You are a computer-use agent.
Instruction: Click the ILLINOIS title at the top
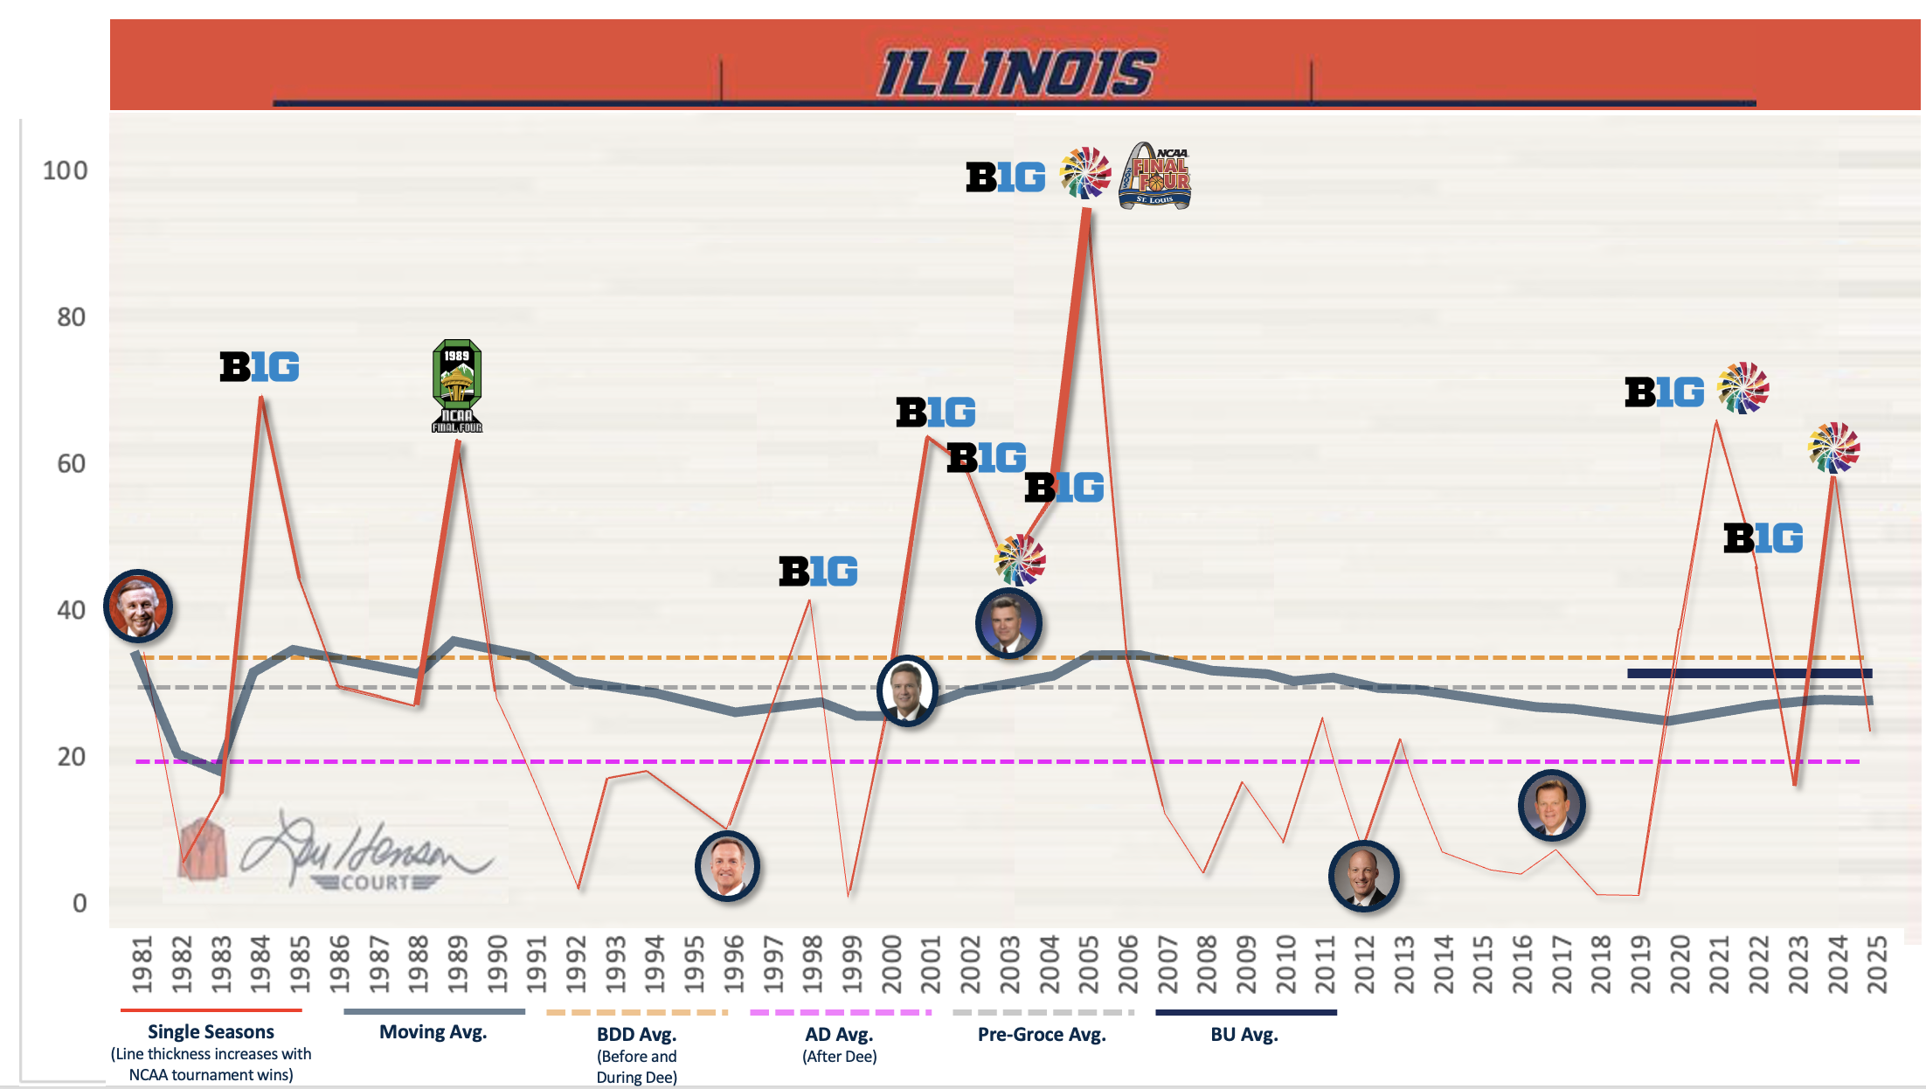[1016, 73]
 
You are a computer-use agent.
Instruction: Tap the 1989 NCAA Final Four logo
[457, 386]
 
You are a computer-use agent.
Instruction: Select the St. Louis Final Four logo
[1155, 176]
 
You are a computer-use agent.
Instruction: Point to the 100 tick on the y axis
[66, 170]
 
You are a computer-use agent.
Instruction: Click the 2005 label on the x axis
[1089, 964]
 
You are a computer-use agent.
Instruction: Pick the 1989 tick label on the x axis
[458, 964]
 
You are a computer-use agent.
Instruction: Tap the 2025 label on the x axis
[1877, 964]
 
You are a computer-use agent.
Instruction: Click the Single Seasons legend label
[211, 1032]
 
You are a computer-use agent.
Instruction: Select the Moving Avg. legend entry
[433, 1032]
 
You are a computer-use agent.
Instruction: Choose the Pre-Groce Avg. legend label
[1042, 1035]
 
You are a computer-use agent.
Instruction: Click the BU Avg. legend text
[1244, 1035]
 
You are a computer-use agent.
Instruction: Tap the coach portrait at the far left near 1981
[138, 606]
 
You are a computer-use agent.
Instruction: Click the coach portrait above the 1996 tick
[727, 866]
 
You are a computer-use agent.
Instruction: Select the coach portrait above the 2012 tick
[1363, 876]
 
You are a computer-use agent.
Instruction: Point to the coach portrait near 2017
[1552, 805]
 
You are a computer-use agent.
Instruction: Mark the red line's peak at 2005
[1086, 211]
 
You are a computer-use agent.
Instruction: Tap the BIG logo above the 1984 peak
[260, 367]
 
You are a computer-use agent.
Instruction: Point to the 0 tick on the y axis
[80, 903]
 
